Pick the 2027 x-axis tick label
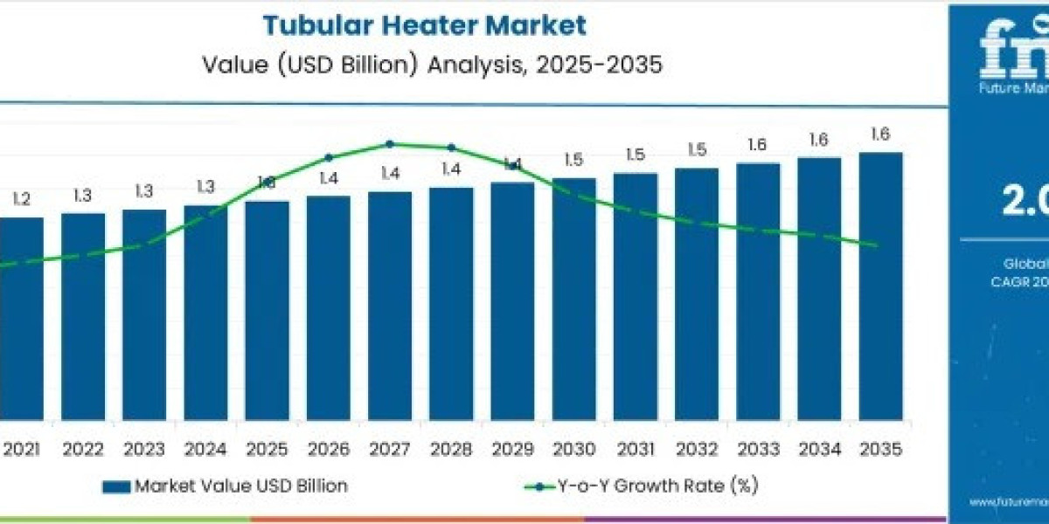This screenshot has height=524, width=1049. point(389,449)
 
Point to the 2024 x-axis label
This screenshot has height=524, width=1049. point(205,449)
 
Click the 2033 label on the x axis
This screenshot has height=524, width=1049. point(758,449)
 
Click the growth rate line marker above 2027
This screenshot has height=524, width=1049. point(390,144)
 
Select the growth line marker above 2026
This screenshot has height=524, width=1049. point(329,158)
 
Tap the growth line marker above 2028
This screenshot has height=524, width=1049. point(451,148)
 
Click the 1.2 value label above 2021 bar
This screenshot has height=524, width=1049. point(21,200)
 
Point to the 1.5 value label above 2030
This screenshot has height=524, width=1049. point(573,160)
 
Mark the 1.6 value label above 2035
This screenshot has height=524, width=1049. point(880,134)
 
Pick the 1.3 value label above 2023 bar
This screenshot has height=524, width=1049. point(144,191)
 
